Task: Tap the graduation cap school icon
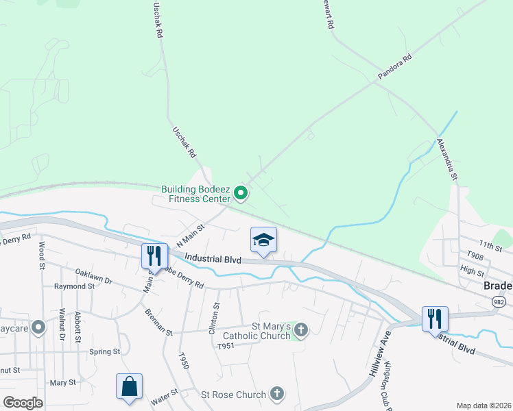(263, 240)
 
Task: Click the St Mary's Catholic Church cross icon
(300, 331)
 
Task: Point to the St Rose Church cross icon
(276, 394)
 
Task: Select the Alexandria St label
(447, 160)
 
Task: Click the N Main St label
(191, 236)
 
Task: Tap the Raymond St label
(74, 286)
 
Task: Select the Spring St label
(104, 352)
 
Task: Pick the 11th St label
(486, 244)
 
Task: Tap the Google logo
(23, 403)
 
